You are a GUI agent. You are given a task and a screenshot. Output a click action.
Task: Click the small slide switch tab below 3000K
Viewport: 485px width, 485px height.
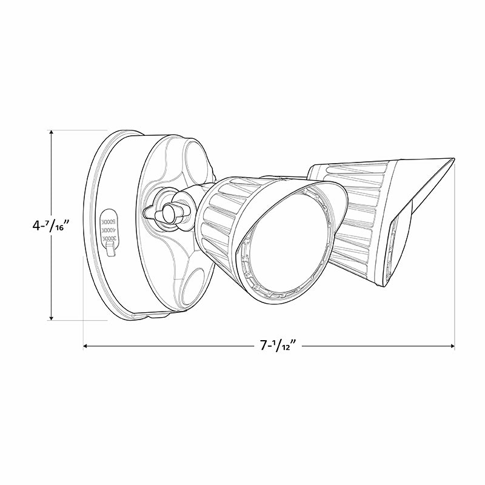point(110,250)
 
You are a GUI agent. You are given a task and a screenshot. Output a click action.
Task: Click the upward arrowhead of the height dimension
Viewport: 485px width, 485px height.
point(52,133)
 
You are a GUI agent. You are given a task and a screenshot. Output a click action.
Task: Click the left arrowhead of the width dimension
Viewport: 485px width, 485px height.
point(86,346)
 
